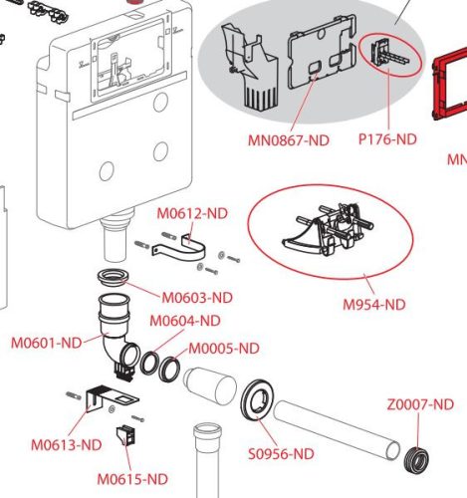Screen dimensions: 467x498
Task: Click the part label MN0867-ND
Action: [289, 140]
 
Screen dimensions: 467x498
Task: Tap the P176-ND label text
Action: [387, 138]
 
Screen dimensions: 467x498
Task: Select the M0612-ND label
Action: [192, 213]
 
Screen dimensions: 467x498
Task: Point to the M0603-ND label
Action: [197, 298]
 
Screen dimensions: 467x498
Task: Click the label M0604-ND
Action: [185, 321]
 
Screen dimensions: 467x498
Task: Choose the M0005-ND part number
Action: [224, 349]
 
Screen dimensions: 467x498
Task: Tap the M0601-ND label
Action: [47, 343]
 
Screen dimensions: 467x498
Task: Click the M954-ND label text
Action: [374, 304]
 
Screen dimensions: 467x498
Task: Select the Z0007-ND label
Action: [420, 404]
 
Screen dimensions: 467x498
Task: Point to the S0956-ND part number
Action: [281, 454]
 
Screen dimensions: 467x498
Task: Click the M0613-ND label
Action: [67, 445]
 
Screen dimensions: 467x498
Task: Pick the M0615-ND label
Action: [132, 479]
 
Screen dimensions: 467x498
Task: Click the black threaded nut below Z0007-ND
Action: [417, 458]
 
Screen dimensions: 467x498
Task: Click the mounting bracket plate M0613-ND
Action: [100, 395]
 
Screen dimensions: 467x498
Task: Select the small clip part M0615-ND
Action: [126, 436]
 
